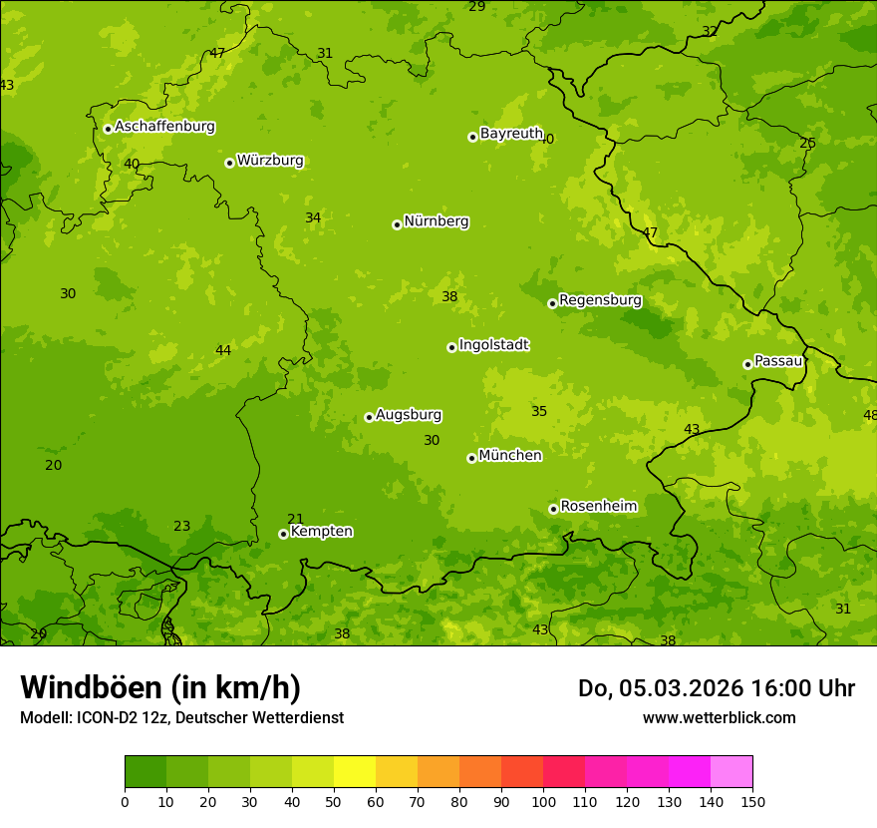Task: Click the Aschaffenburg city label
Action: point(164,127)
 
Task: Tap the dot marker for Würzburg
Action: point(229,163)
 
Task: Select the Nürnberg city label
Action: point(436,221)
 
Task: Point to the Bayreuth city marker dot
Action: point(472,137)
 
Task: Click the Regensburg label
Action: point(600,300)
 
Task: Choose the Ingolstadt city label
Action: point(493,345)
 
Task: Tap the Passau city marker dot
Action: point(747,364)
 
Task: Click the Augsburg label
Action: point(409,415)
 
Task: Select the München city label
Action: point(510,456)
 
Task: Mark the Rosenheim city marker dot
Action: point(553,509)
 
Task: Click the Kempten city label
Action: point(321,532)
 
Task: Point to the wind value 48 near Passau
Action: point(869,415)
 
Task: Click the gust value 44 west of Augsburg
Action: point(223,350)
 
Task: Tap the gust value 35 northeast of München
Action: point(539,411)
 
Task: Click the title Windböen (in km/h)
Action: point(160,687)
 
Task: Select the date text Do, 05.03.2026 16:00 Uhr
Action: point(717,688)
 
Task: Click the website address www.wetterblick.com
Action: point(719,717)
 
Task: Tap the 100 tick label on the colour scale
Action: point(543,801)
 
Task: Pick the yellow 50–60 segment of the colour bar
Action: point(355,772)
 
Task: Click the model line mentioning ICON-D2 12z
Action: point(181,717)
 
